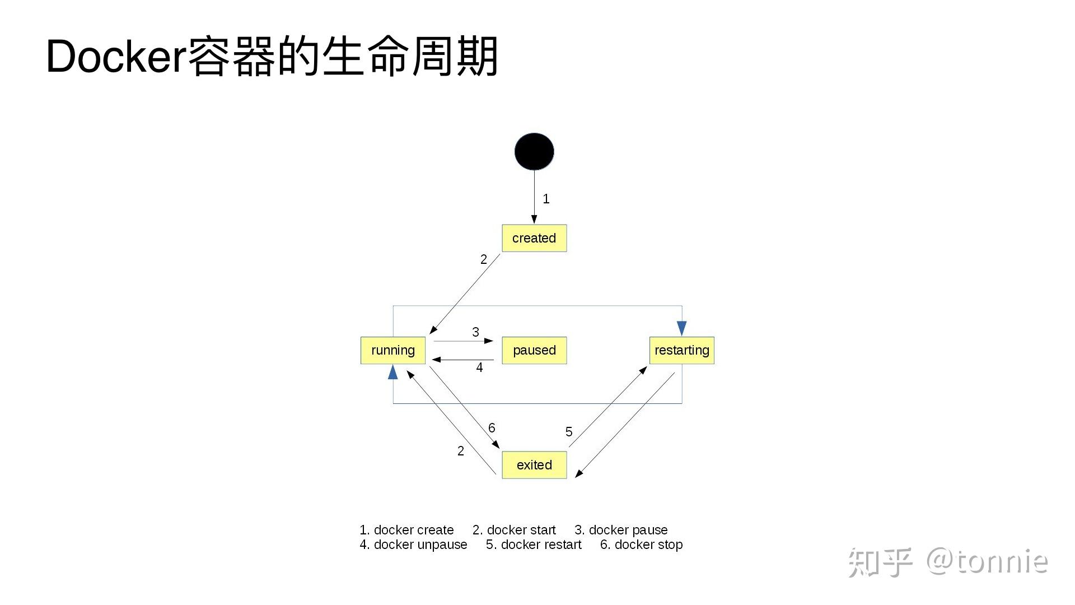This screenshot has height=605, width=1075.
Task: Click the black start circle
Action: [534, 151]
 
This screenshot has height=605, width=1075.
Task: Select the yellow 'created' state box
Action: [534, 238]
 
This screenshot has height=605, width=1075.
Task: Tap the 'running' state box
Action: [393, 350]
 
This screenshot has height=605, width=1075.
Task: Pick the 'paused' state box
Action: [534, 350]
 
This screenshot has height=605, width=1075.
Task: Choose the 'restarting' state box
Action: [681, 350]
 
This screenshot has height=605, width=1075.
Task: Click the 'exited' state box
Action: [534, 465]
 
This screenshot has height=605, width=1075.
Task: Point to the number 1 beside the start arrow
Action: [546, 199]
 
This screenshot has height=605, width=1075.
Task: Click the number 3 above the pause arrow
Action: [475, 332]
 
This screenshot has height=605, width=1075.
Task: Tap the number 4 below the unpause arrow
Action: [479, 367]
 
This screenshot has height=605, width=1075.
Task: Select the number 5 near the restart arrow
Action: [569, 432]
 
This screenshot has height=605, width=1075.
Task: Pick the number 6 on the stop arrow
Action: [492, 428]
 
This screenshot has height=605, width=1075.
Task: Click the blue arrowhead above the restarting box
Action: [681, 328]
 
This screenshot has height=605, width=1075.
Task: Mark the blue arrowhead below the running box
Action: [393, 372]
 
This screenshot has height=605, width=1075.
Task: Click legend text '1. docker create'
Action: [406, 530]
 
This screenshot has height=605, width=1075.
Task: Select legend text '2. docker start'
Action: [514, 530]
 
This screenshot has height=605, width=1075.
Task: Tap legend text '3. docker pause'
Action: [621, 530]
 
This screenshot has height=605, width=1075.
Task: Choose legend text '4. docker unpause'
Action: [413, 544]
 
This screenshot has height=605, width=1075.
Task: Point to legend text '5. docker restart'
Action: [534, 544]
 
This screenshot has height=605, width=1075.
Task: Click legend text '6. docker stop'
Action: [641, 544]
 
